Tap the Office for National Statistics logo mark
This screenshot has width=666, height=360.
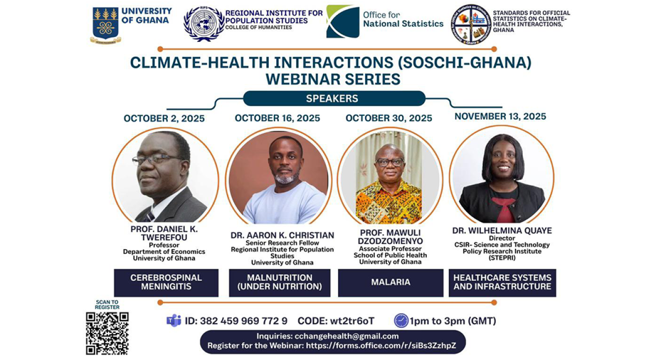click(x=342, y=22)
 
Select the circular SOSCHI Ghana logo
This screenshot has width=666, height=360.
click(x=471, y=24)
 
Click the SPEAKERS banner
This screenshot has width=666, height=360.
click(x=333, y=99)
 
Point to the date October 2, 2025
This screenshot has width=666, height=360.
click(x=164, y=118)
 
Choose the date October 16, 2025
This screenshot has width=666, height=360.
click(x=277, y=118)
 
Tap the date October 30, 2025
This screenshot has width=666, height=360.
click(x=389, y=118)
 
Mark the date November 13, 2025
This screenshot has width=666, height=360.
click(x=500, y=116)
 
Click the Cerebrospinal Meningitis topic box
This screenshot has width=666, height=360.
click(x=166, y=283)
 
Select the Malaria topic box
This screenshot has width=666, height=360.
click(x=390, y=283)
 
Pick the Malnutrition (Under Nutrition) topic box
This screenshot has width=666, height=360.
click(x=280, y=283)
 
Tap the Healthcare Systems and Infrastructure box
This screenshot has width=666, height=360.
click(x=502, y=283)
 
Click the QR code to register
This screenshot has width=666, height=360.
click(x=107, y=333)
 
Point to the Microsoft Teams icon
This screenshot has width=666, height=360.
click(x=174, y=321)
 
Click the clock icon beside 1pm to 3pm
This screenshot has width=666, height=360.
click(x=401, y=321)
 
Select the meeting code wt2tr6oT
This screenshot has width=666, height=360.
click(x=356, y=321)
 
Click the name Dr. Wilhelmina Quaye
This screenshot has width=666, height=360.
click(x=502, y=231)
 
